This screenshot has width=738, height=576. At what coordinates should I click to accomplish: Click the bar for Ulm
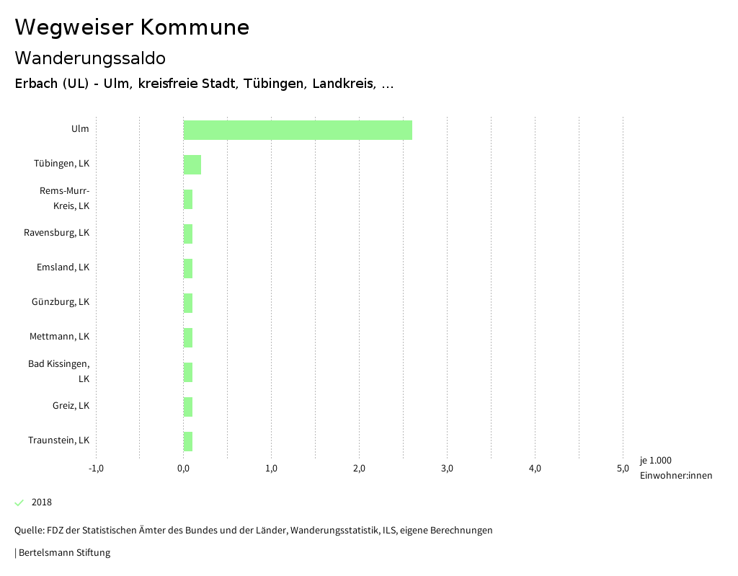pos(298,130)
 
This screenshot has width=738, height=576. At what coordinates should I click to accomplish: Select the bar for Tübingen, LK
pos(192,164)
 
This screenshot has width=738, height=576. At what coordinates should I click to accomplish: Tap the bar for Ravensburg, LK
pos(188,234)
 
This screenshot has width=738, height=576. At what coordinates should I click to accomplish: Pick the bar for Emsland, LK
pos(188,268)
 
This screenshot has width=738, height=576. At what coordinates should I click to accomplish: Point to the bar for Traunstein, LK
pos(188,441)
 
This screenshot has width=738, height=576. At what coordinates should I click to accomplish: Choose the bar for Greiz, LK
pos(188,407)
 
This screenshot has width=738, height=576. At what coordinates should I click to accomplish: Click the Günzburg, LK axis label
pos(61,302)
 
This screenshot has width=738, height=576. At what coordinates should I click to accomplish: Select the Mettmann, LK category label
pos(59,337)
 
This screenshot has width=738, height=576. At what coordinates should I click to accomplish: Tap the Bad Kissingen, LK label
pos(59,371)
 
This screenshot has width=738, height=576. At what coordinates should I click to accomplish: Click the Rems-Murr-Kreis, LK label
pos(64,198)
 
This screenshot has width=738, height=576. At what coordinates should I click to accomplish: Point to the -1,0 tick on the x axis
pos(96,469)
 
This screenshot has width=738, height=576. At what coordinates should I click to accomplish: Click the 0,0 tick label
pos(184,469)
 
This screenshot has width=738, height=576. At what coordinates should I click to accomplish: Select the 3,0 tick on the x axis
pos(447,469)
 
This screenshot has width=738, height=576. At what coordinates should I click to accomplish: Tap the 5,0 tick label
pos(623,469)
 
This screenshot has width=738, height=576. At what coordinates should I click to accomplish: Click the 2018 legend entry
pos(42,502)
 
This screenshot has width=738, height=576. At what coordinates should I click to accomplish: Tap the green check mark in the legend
pos(19,502)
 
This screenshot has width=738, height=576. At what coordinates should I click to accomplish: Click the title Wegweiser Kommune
pos(132,27)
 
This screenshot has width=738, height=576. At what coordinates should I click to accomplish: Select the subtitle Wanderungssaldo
pos(90,58)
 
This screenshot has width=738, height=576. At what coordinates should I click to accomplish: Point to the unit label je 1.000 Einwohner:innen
pos(675,468)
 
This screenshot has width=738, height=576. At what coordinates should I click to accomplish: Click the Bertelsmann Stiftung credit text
pos(63,553)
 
